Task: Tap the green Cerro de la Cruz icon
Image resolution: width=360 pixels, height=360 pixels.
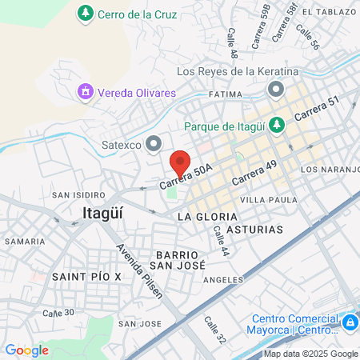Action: [x=86, y=14]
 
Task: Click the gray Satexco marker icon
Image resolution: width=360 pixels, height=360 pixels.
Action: [x=154, y=144]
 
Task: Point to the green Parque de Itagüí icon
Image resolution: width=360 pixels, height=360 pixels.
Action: [x=277, y=125]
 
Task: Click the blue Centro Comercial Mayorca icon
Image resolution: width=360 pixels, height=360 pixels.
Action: [x=349, y=322]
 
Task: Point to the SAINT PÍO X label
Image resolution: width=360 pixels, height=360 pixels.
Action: [x=86, y=276]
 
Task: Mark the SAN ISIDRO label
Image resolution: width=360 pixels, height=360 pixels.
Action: [x=78, y=194]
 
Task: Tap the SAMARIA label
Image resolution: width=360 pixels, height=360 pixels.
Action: [x=24, y=241]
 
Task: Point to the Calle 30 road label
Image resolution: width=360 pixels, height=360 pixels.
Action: [x=58, y=312]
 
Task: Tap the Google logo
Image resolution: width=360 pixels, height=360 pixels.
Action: [x=27, y=350]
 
